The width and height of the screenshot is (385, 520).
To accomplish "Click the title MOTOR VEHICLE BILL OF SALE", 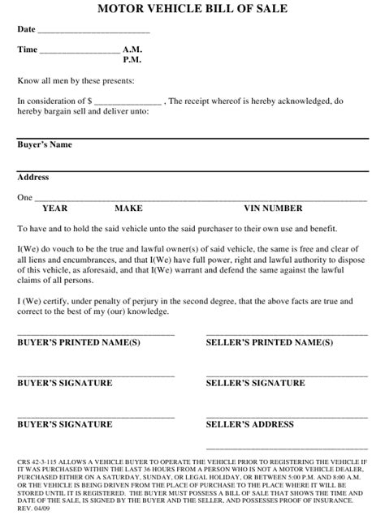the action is coord(192,9).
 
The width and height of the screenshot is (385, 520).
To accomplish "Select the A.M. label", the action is coord(134,49).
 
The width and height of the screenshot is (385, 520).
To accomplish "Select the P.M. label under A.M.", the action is coord(133,60).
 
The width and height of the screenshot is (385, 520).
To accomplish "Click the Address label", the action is coord(33,177).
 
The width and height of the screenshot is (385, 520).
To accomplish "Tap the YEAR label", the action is coord(55,208).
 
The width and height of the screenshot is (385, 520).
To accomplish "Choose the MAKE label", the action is coord(128,208).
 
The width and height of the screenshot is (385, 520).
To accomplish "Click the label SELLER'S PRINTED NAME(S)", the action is coord(269,342).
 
